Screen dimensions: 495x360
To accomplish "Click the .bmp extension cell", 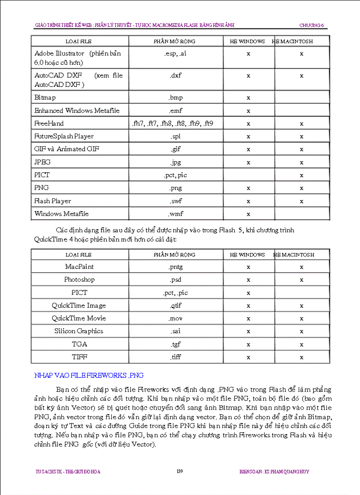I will [176, 97].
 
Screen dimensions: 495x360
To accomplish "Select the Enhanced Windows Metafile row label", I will [77, 110].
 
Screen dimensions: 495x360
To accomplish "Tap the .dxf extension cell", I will [176, 75].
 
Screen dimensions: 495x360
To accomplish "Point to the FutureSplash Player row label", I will [64, 136].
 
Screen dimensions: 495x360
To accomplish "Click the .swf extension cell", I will [176, 201].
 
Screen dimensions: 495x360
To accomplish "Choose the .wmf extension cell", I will [176, 214].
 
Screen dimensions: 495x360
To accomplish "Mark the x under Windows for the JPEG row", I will [248, 162].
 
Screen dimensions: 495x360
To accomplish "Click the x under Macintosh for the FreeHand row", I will [301, 124].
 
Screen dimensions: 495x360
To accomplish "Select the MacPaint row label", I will [79, 267].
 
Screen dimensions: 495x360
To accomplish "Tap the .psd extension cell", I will [176, 279].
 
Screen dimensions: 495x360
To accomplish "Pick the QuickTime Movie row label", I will [79, 318].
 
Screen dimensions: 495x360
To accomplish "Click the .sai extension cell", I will [176, 331].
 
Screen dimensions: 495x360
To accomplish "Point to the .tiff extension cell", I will [176, 357].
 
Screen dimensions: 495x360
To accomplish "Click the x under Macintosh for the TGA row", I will [301, 344].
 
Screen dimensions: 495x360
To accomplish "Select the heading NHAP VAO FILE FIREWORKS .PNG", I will [89, 376].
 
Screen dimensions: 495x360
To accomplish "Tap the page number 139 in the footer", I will [180, 472].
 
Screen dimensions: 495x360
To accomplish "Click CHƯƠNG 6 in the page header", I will [311, 26].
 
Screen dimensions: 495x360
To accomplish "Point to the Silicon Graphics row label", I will [79, 331].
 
